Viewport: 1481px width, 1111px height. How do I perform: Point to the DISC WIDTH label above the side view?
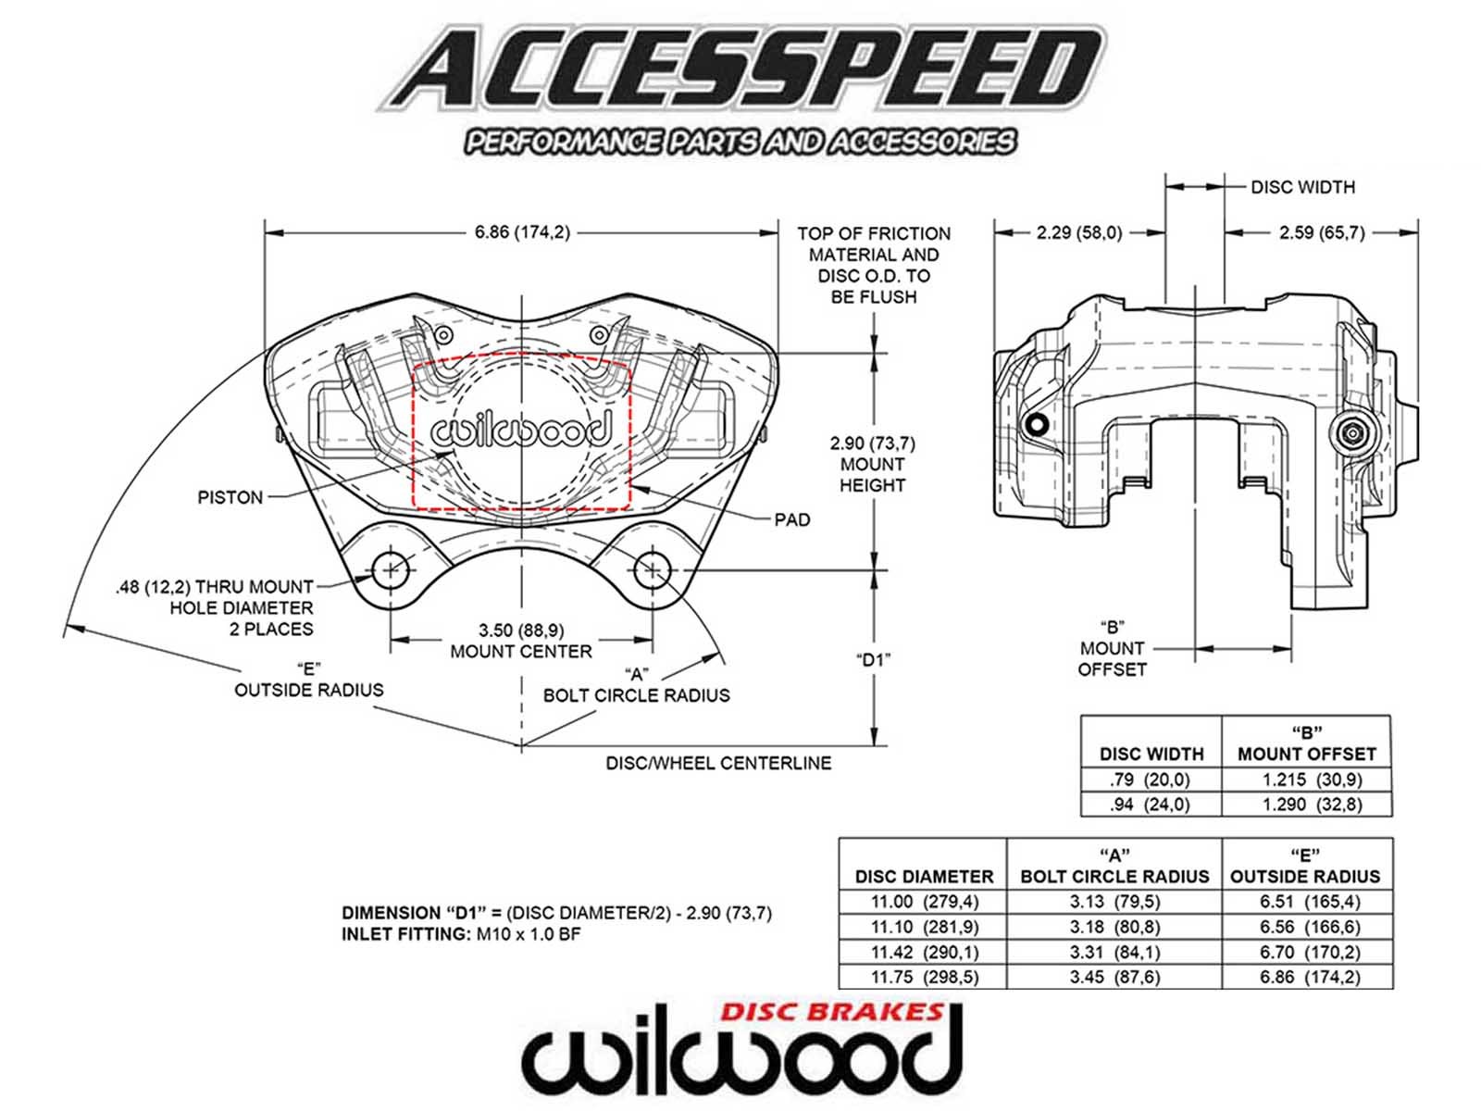click(x=1302, y=187)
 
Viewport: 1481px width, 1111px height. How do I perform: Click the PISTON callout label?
click(x=230, y=497)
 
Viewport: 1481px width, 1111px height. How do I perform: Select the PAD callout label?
click(x=792, y=519)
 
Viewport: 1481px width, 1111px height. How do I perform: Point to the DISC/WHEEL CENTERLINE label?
click(x=718, y=763)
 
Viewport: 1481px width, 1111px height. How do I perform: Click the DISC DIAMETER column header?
click(x=924, y=876)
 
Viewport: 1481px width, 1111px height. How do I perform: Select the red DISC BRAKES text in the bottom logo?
click(x=831, y=1012)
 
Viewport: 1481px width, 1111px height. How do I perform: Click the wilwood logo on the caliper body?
click(x=521, y=431)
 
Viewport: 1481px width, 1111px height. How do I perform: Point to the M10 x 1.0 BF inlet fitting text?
click(x=529, y=934)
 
